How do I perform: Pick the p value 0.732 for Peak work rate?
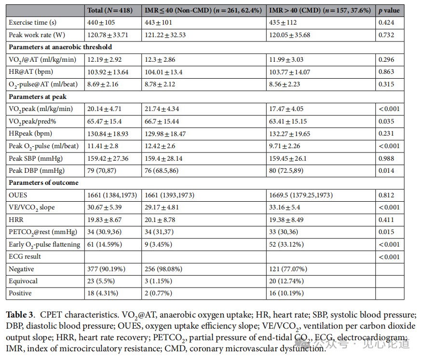click(x=386, y=35)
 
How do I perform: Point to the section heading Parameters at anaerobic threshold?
click(x=60, y=47)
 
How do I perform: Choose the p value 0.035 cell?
click(x=386, y=121)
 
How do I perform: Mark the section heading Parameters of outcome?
click(x=43, y=183)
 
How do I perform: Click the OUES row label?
click(x=18, y=195)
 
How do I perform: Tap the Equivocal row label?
click(x=23, y=281)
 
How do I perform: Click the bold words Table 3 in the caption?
click(x=20, y=315)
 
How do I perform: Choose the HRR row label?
click(x=16, y=220)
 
